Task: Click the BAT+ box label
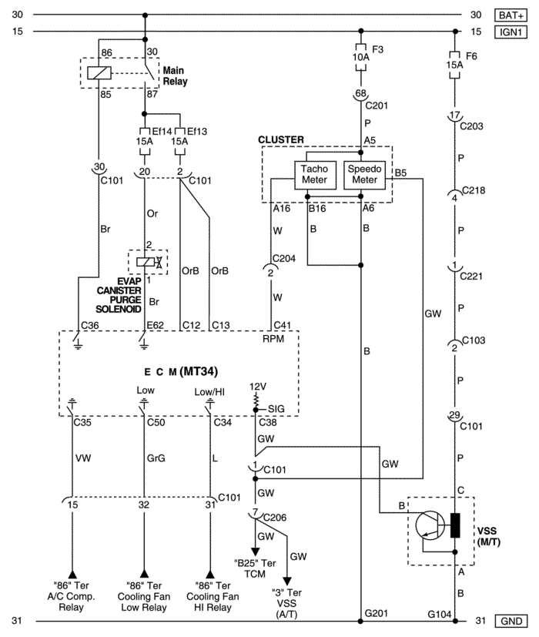(x=511, y=15)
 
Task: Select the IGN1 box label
(x=511, y=32)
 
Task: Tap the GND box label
(x=511, y=621)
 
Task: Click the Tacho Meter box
(x=315, y=175)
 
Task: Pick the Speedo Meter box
(x=364, y=175)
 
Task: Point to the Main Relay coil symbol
(x=99, y=73)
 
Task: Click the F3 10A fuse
(x=360, y=57)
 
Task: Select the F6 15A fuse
(x=454, y=65)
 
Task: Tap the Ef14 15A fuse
(x=144, y=142)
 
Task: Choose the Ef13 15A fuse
(x=179, y=142)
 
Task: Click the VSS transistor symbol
(x=430, y=525)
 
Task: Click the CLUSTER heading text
(x=281, y=139)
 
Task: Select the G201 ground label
(x=377, y=613)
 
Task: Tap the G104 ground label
(x=440, y=614)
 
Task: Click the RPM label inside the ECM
(x=273, y=339)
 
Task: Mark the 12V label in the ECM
(x=258, y=387)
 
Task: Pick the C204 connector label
(x=284, y=258)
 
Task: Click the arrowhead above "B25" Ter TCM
(x=255, y=552)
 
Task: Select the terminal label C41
(x=283, y=325)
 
